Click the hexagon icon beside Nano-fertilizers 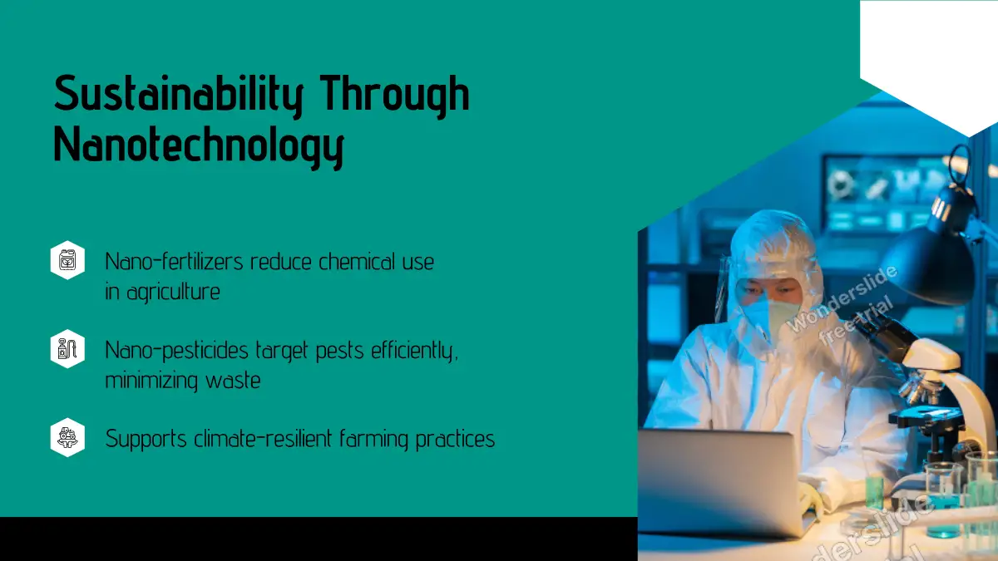click(x=67, y=260)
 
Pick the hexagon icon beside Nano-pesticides click(x=67, y=348)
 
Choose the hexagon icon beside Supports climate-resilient click(x=67, y=437)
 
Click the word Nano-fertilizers click(x=174, y=261)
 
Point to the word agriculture click(x=173, y=293)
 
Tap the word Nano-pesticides click(x=176, y=350)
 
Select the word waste click(x=233, y=381)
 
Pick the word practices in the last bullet click(x=456, y=440)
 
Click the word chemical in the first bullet click(x=357, y=261)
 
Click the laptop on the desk click(x=723, y=482)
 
